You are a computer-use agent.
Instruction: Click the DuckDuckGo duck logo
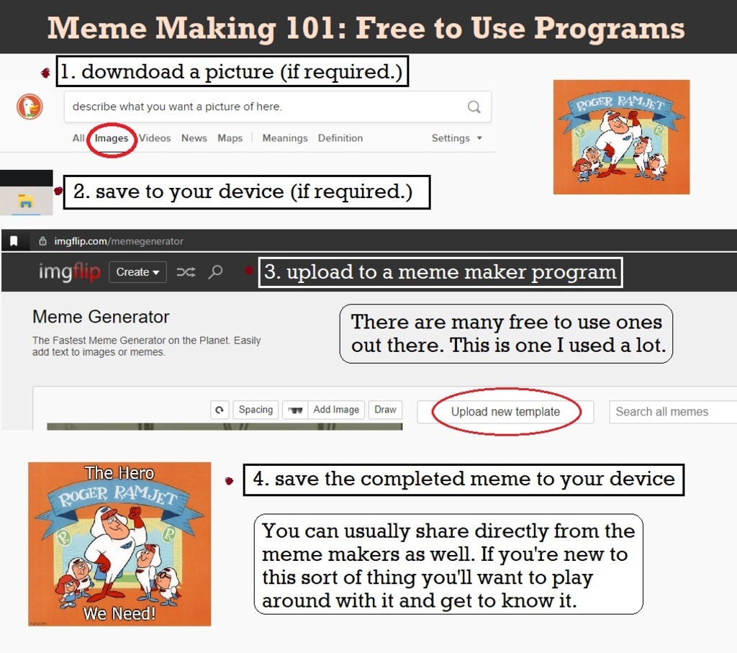coord(30,107)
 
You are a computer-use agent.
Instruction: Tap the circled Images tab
coord(112,138)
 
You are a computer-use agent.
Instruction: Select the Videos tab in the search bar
coord(155,138)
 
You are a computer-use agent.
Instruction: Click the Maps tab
coord(230,138)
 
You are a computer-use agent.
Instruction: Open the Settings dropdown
coord(456,138)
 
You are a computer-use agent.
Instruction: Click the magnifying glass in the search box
coord(474,107)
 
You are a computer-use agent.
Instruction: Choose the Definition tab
coord(340,138)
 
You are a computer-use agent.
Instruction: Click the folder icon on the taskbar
coord(25,201)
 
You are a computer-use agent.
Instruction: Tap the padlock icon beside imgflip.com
coord(42,241)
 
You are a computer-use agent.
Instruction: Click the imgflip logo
coord(70,271)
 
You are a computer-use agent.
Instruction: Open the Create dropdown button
coord(137,272)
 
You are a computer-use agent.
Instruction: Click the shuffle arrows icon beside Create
coord(186,272)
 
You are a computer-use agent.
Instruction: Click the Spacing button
coord(256,410)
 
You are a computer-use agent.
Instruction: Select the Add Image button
coord(336,410)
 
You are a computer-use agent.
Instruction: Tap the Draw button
coord(386,410)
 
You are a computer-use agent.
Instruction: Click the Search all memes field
coord(673,412)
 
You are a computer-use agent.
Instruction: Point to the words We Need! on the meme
coord(119,613)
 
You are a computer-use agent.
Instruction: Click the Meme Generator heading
coord(101,318)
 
